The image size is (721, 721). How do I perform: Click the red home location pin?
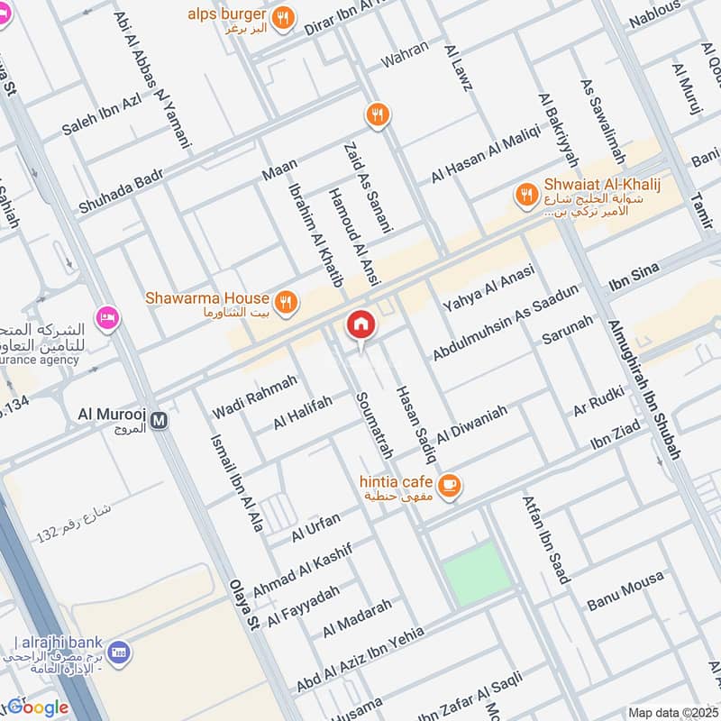360,324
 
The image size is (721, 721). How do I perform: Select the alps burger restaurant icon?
283,17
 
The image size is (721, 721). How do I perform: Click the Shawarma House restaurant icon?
287,304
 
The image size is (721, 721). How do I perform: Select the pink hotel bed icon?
107,318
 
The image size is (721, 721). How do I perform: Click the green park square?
477,573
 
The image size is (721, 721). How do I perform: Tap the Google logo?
38,707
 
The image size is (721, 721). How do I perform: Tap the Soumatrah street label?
369,424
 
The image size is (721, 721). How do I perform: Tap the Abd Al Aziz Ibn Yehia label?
360,659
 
